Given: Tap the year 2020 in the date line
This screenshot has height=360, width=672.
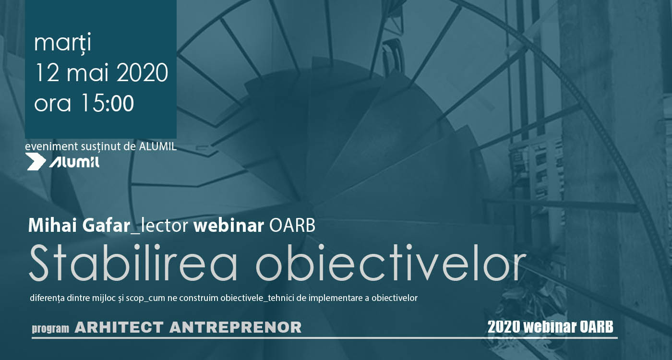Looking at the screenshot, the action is [142, 72].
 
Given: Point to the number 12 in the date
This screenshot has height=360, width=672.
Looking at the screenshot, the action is [47, 72].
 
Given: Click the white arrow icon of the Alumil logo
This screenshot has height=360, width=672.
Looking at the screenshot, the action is [36, 162].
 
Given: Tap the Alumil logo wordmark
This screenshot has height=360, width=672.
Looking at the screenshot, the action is [74, 162].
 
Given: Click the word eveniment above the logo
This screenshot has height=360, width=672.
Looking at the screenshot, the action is [51, 147].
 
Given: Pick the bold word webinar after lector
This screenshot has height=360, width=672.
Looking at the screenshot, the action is [228, 226].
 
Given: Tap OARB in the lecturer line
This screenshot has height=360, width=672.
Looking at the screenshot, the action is [292, 226].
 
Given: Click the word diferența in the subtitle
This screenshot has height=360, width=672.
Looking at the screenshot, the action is [48, 298].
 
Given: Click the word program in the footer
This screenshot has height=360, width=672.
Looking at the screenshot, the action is [50, 328].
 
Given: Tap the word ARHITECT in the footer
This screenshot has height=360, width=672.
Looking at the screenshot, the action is [120, 327].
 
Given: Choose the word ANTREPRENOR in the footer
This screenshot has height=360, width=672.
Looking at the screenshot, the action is [236, 327].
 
